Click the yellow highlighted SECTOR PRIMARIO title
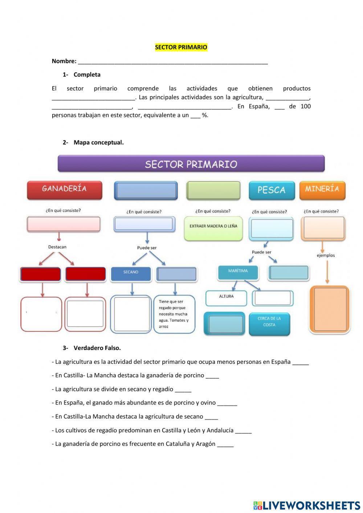(181, 47)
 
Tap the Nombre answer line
(173, 61)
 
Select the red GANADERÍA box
(64, 190)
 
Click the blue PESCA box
(272, 190)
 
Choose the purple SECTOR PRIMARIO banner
(191, 164)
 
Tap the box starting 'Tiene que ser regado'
(174, 314)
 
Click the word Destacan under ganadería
(57, 247)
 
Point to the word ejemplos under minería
(326, 255)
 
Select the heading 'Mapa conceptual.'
(98, 142)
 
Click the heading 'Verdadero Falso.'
(97, 348)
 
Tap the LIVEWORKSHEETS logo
(307, 505)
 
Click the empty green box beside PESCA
(213, 190)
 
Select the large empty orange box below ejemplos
(330, 309)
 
